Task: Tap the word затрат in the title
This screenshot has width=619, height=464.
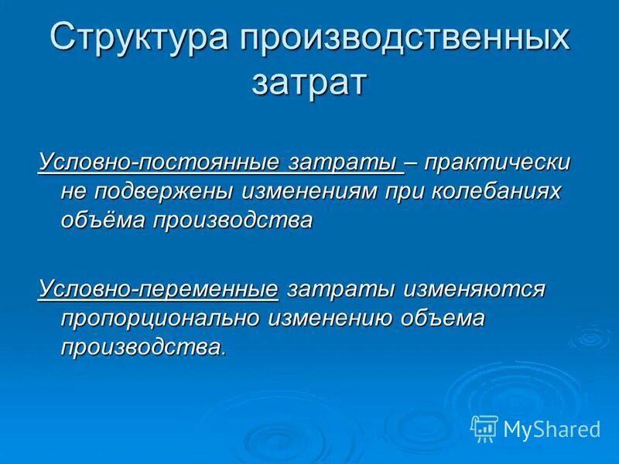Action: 308,82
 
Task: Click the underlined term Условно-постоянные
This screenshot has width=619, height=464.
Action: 159,163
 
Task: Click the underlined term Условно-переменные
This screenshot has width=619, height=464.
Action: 158,289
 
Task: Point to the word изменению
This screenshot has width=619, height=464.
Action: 333,318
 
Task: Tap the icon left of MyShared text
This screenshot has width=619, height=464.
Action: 484,428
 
